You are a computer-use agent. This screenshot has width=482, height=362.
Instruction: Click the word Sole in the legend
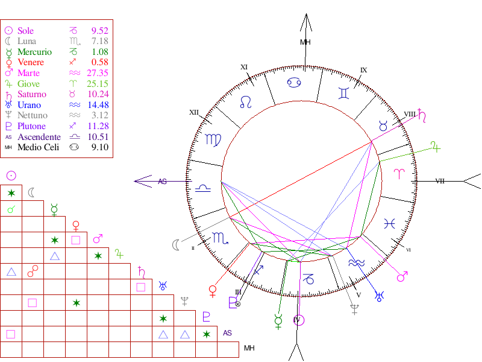pyautogui.click(x=26, y=31)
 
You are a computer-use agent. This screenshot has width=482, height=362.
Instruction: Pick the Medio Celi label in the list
pyautogui.click(x=39, y=147)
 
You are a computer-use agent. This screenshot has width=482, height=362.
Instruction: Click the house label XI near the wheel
pyautogui.click(x=244, y=67)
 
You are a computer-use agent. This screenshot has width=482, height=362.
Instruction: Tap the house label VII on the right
pyautogui.click(x=440, y=180)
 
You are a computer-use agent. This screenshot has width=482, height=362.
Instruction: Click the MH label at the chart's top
pyautogui.click(x=305, y=42)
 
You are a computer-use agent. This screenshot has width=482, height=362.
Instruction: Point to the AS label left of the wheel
pyautogui.click(x=162, y=181)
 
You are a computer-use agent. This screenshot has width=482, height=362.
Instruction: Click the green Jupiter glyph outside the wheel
pyautogui.click(x=436, y=145)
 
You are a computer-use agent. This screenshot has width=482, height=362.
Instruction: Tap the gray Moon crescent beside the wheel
pyautogui.click(x=176, y=244)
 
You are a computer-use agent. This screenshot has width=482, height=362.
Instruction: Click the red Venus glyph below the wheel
pyautogui.click(x=212, y=291)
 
